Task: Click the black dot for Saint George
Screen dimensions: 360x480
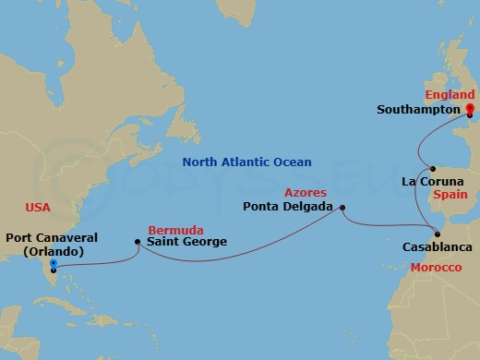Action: pos(137,243)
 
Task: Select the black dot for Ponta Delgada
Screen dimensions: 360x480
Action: pos(342,207)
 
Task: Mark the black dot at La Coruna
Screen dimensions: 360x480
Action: pos(433,168)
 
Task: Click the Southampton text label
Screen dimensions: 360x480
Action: pos(418,110)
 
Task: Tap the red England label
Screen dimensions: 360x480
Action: pos(449,95)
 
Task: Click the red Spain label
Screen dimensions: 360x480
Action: pos(457,196)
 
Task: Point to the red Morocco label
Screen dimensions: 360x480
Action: pos(435,267)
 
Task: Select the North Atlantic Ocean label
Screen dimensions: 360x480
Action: pos(246,162)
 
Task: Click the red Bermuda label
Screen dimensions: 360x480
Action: pos(172,228)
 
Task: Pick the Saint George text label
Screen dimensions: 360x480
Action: pos(186,243)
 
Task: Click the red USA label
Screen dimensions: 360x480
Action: pos(39,208)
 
